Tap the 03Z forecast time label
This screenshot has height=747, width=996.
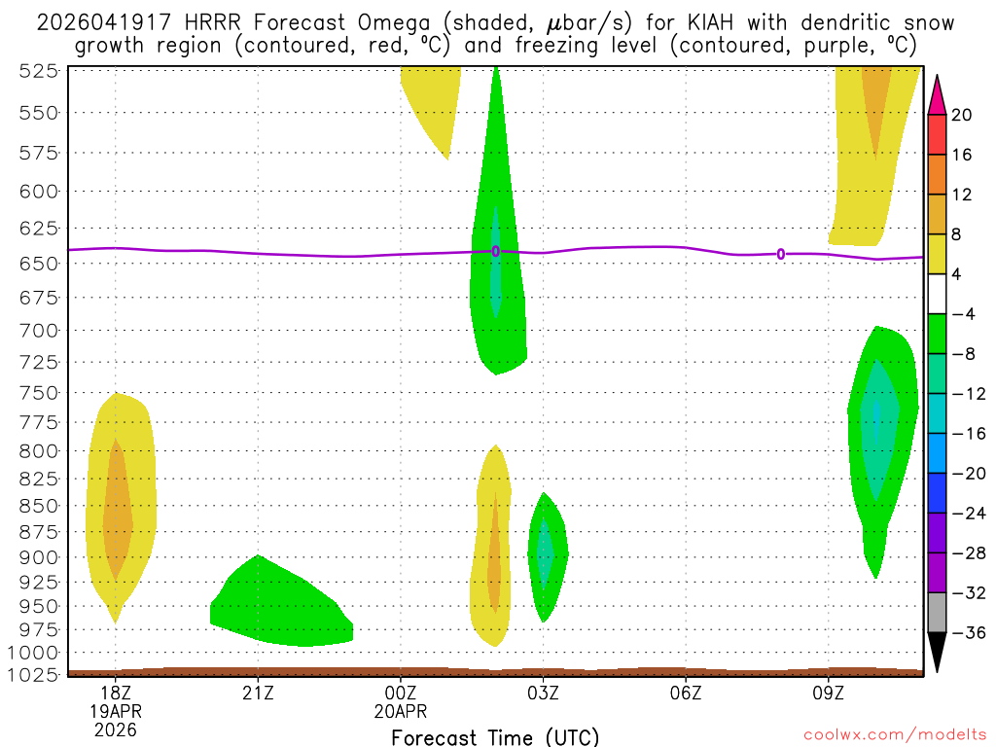(543, 693)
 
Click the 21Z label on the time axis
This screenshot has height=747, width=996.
(258, 693)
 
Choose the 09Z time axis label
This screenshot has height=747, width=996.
(828, 693)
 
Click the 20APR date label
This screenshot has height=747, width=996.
(402, 710)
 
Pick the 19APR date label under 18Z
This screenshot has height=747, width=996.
(116, 710)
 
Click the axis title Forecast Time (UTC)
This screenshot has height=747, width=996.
(495, 736)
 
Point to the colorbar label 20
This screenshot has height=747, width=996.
(962, 115)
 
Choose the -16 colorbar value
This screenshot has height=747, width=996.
(966, 434)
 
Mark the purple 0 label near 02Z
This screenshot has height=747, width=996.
(496, 251)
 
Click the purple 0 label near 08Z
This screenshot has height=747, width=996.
(781, 255)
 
